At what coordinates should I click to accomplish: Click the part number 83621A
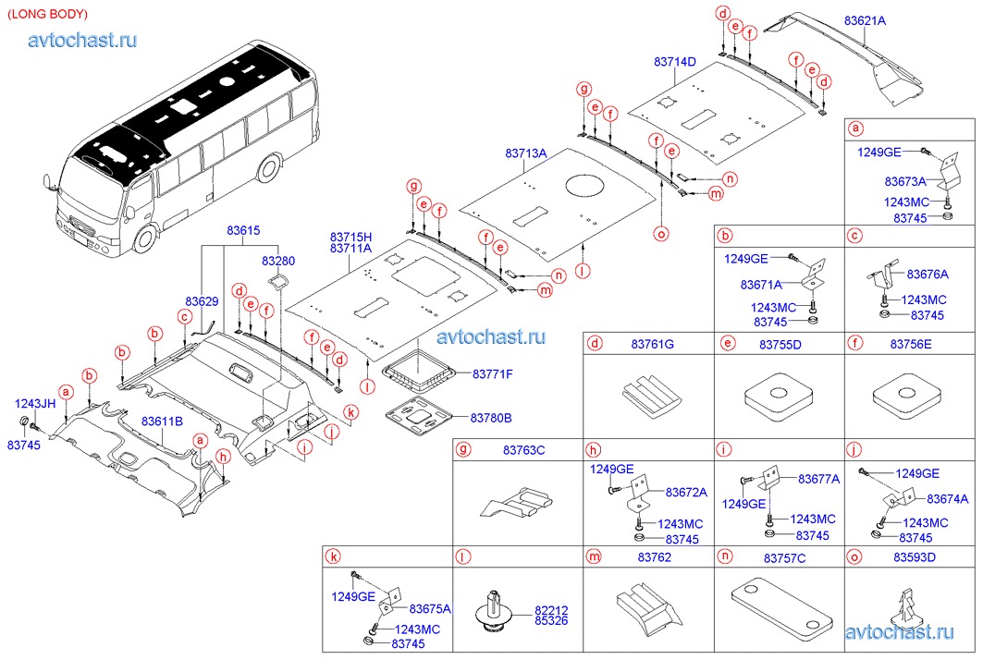(865, 20)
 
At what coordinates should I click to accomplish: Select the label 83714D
(674, 61)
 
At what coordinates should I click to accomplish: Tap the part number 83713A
(526, 153)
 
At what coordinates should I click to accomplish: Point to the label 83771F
(492, 374)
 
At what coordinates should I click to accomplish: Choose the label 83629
(201, 301)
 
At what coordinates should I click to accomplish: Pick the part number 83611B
(162, 422)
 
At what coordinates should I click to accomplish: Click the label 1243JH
(34, 403)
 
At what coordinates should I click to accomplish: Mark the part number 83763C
(523, 450)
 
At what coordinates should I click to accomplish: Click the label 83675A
(429, 608)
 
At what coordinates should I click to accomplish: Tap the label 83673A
(904, 181)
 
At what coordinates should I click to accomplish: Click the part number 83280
(276, 262)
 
